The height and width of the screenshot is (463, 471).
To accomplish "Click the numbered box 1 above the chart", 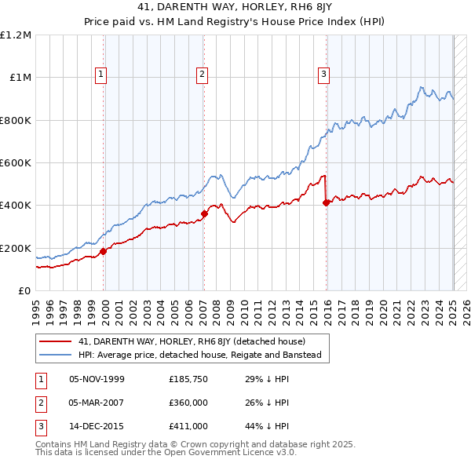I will click(102, 75).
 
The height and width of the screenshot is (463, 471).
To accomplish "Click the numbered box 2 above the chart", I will click(202, 75).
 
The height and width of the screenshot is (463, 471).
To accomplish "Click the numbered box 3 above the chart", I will click(323, 75).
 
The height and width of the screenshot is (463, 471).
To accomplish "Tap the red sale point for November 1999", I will click(104, 252).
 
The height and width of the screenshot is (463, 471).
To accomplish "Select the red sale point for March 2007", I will click(204, 213).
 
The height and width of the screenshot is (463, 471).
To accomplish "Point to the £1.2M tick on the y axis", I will click(16, 35).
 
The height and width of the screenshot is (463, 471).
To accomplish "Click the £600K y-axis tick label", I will click(16, 163).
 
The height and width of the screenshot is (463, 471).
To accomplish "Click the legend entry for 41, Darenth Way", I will click(196, 341).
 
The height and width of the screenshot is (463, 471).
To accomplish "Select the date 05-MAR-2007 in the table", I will click(97, 403).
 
